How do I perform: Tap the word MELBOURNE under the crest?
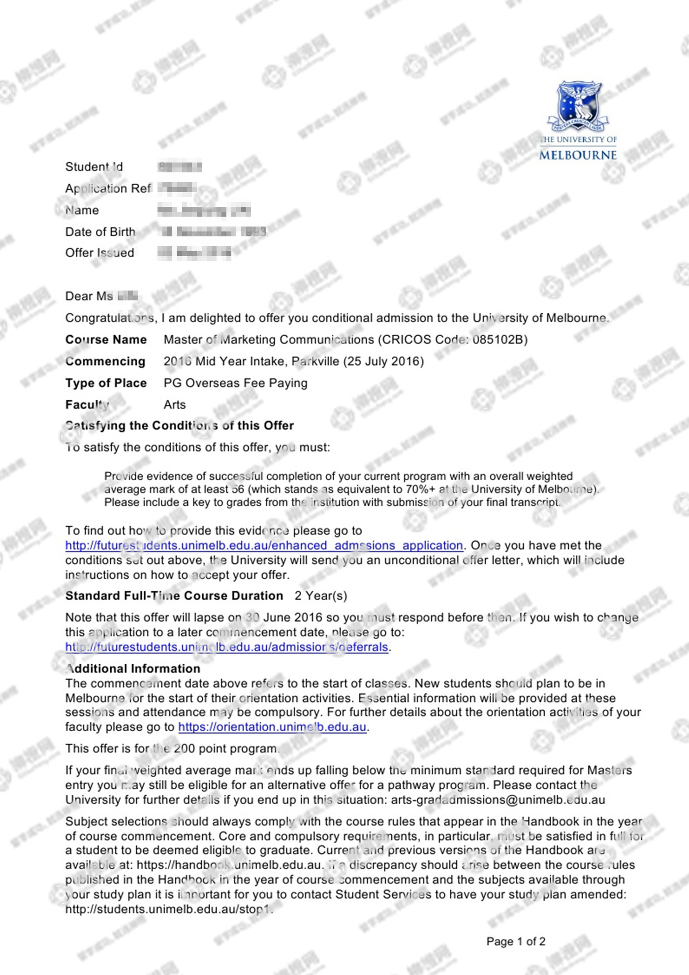click(578, 155)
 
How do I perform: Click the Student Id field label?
click(94, 167)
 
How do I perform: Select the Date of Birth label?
click(100, 232)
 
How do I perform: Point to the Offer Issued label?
click(99, 253)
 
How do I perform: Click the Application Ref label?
click(108, 189)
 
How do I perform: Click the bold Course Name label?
click(106, 340)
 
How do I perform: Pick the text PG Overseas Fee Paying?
click(235, 383)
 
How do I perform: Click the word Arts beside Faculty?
click(175, 405)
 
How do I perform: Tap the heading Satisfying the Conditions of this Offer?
click(180, 425)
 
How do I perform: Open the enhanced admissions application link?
click(264, 546)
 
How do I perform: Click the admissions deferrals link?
click(226, 647)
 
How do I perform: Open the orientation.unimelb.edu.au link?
click(272, 727)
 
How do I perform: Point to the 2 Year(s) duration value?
click(321, 596)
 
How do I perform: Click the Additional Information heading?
click(133, 669)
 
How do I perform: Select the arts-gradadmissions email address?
click(498, 800)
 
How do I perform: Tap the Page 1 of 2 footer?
click(516, 942)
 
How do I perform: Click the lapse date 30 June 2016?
click(284, 617)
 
